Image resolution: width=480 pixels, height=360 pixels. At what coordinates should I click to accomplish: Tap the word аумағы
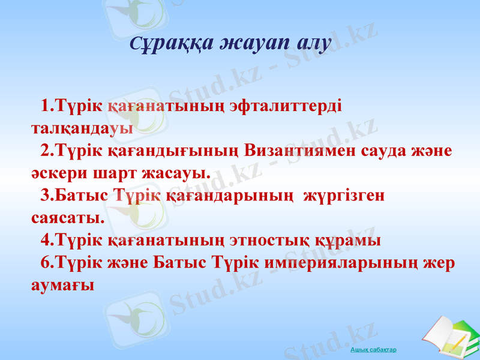(x=62, y=285)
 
